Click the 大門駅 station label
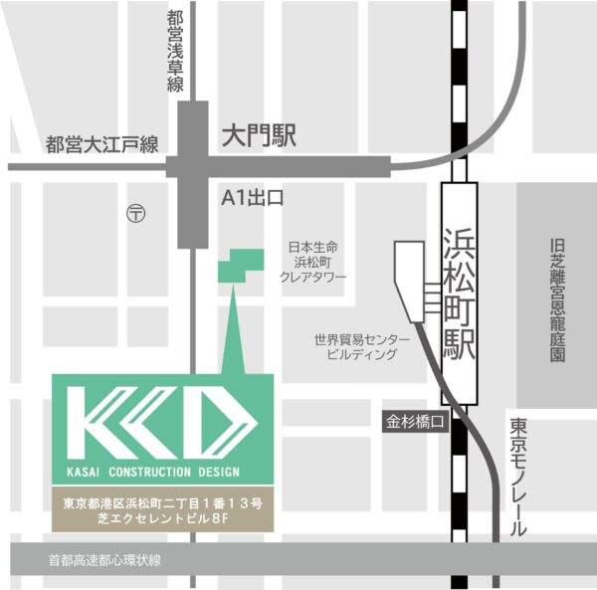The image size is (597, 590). coord(260,136)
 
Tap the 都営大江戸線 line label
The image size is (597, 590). coord(102,145)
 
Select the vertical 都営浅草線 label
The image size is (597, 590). coord(175,51)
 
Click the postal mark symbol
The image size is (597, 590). coord(136,212)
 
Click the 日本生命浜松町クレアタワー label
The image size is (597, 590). coord(312,262)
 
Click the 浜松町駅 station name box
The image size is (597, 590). coord(459,295)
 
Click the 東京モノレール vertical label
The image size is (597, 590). coord(518,478)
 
